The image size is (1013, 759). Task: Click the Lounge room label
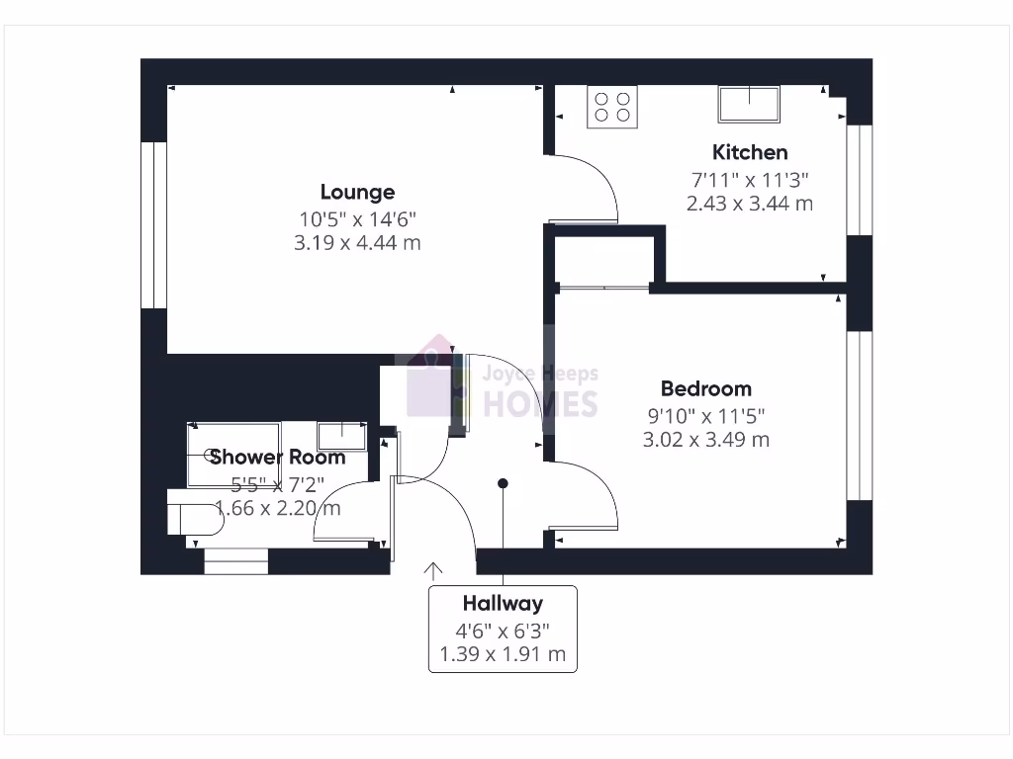(357, 193)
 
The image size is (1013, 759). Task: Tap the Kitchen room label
(750, 152)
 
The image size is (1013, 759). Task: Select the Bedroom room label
(705, 388)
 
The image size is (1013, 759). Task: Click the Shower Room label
(277, 457)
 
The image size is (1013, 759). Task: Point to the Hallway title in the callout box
(503, 603)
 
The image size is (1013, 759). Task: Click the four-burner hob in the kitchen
(612, 107)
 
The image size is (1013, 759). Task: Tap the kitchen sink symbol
(749, 104)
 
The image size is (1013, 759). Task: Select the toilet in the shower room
(192, 519)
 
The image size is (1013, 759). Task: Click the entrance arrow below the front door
(433, 570)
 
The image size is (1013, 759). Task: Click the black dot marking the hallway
(503, 483)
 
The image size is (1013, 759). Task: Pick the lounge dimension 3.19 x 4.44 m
(357, 242)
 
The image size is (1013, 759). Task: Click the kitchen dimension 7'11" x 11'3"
(750, 180)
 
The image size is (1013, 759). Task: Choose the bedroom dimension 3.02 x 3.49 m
(705, 440)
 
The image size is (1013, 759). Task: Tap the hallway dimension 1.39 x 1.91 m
(503, 654)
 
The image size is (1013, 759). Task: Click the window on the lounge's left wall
(153, 225)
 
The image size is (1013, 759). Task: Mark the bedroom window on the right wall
(860, 415)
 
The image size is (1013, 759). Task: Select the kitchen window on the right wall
(860, 180)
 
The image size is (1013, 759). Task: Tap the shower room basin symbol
(341, 436)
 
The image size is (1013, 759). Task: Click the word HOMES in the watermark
(539, 403)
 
